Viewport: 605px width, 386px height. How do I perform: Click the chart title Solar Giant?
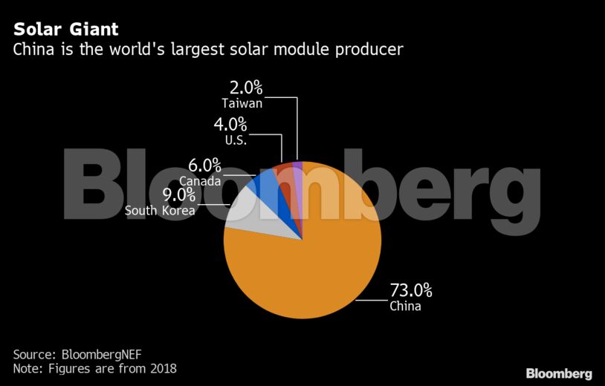pos(65,30)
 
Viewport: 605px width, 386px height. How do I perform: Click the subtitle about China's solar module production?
pos(208,50)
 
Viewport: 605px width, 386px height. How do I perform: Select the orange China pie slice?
pos(312,282)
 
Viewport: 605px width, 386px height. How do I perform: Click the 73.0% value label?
pos(411,289)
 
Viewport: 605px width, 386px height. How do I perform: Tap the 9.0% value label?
pos(178,195)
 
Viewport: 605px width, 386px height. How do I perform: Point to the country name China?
pos(405,306)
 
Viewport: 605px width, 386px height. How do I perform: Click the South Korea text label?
pos(160,211)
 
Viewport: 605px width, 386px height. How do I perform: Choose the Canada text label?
pos(200,180)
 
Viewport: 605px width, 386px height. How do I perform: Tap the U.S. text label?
pos(235,139)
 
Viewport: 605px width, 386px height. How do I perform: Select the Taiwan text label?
pos(242,103)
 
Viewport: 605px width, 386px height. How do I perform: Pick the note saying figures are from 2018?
pos(94,368)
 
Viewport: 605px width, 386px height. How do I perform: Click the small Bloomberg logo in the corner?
pos(559,373)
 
